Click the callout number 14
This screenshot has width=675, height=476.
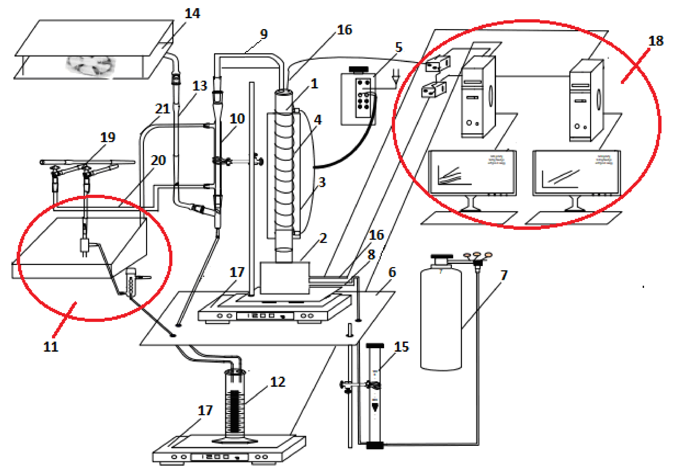(x=192, y=13)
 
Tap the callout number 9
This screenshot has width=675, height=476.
(x=264, y=34)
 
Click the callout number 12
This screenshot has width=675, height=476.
(x=278, y=382)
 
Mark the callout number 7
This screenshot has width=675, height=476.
(x=504, y=275)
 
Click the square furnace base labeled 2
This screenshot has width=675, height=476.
(x=285, y=278)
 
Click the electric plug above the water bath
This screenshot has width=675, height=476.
(x=85, y=247)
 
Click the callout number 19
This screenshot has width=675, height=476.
(x=108, y=137)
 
